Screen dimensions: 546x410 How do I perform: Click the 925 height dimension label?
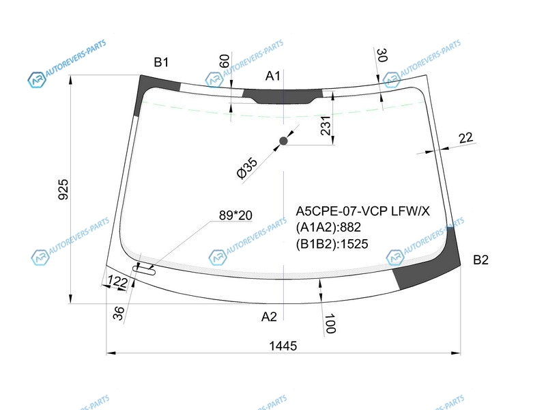click(63, 189)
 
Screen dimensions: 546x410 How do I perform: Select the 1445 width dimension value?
click(283, 346)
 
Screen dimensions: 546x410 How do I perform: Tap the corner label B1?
click(161, 62)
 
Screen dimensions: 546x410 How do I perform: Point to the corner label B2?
click(480, 260)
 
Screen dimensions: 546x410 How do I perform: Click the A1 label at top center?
click(272, 76)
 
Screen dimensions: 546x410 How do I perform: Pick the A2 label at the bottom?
click(269, 316)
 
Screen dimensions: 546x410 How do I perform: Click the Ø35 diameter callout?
click(247, 167)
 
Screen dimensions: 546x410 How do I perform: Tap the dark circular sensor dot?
click(283, 141)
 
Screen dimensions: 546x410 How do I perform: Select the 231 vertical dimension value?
click(326, 126)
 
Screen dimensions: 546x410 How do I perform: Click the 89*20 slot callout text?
click(235, 215)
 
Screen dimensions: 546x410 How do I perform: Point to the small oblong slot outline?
click(144, 269)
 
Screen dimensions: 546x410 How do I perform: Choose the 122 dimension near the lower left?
click(117, 281)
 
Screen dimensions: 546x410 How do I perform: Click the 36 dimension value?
click(119, 313)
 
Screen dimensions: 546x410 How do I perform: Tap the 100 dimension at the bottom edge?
click(330, 323)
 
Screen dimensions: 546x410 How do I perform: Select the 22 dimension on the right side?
click(466, 138)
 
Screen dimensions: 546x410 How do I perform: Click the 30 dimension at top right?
click(382, 55)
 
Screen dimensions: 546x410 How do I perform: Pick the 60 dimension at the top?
click(225, 61)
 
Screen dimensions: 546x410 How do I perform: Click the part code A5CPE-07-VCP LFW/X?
click(362, 211)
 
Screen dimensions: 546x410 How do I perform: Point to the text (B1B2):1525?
click(332, 244)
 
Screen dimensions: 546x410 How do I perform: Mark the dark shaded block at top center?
click(283, 96)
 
